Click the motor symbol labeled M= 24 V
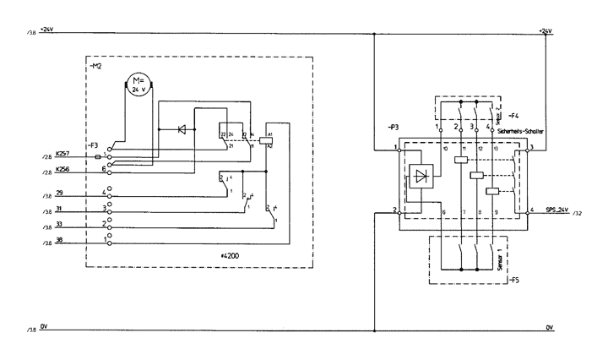click(x=137, y=84)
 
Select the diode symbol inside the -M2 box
click(x=180, y=129)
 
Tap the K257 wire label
click(x=62, y=154)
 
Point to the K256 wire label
click(x=62, y=169)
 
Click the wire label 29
click(x=59, y=193)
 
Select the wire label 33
click(x=59, y=224)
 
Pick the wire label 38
click(x=59, y=239)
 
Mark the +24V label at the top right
click(x=545, y=30)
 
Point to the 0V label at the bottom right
click(x=550, y=325)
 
